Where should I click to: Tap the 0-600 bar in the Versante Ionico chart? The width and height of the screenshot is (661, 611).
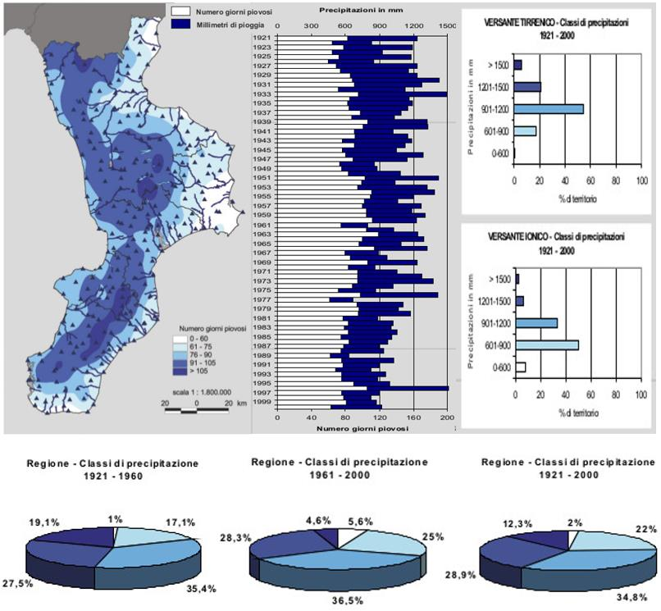click(x=520, y=367)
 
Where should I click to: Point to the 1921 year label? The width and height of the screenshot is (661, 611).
click(x=263, y=39)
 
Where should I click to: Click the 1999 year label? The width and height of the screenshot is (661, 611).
click(x=263, y=402)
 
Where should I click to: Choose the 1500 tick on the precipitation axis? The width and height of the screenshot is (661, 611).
click(x=447, y=26)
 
